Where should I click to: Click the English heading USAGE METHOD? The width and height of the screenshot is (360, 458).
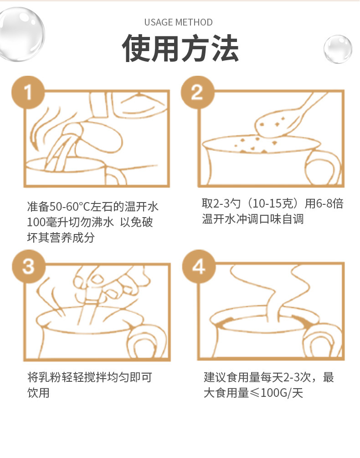(x=179, y=22)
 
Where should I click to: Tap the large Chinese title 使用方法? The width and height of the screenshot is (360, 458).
(x=180, y=48)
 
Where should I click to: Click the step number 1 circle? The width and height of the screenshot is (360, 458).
(x=28, y=92)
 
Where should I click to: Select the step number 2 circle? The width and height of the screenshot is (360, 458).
(x=197, y=92)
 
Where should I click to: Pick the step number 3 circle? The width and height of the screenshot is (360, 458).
(x=28, y=266)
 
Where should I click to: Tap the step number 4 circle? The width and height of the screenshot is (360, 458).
(x=199, y=266)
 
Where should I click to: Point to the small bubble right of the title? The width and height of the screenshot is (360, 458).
(x=338, y=49)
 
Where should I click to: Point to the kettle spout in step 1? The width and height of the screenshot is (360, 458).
(x=72, y=130)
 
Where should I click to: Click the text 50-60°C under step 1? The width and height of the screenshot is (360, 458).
(x=70, y=207)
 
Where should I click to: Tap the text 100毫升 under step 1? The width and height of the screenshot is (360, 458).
(x=44, y=222)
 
